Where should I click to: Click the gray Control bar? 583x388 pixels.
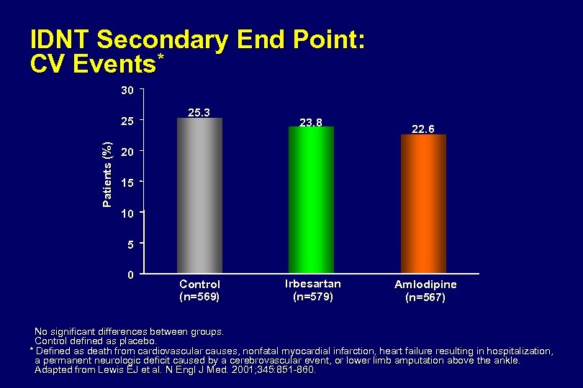(x=199, y=195)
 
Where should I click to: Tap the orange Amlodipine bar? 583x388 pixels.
(x=423, y=204)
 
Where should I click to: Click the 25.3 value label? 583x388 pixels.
(x=199, y=113)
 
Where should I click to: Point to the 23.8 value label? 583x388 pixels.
(x=310, y=122)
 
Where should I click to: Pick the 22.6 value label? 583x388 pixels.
(x=422, y=129)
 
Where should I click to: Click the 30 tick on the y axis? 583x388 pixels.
(x=127, y=91)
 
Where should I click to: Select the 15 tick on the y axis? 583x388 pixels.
(x=127, y=183)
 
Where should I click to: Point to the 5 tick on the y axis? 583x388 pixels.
(x=129, y=244)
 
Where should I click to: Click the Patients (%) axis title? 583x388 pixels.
(x=107, y=175)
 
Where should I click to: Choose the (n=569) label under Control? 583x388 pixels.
(x=199, y=295)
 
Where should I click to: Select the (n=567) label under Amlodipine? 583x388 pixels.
(x=425, y=297)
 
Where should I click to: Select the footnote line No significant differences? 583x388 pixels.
(x=129, y=331)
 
